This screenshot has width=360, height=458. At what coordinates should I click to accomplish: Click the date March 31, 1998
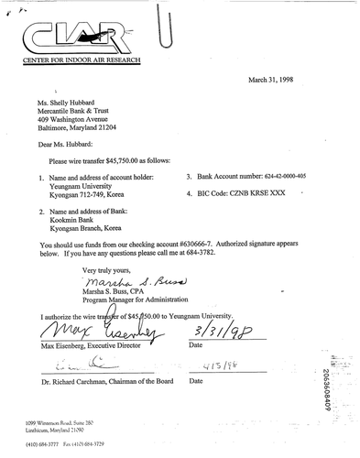coord(280,80)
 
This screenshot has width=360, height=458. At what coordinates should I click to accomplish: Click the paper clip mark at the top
coord(167,26)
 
